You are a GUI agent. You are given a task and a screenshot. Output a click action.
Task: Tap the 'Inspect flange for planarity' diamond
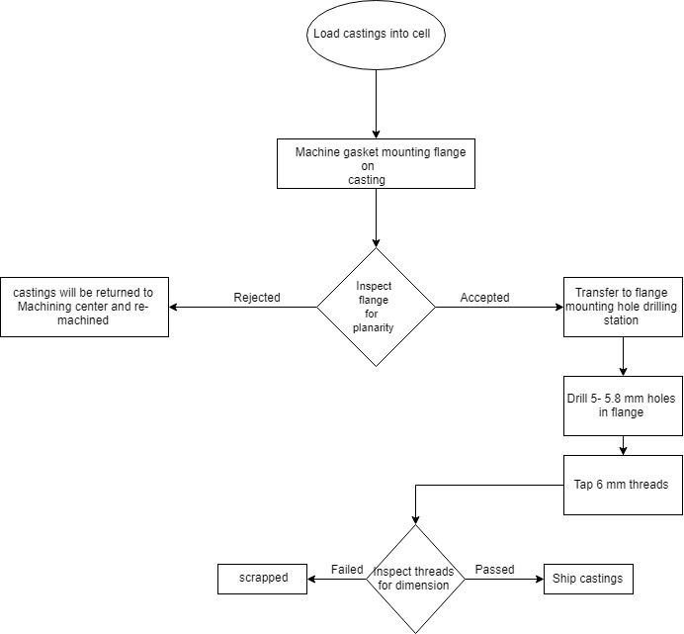[x=376, y=307]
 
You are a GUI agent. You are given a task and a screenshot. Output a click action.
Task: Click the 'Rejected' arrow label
[x=257, y=297]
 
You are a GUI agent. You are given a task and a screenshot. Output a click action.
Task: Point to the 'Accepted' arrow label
[x=484, y=297]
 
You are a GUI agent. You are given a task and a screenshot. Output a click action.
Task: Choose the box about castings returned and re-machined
[x=84, y=307]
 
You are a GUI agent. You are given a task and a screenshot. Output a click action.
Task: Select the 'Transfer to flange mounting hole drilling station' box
[x=623, y=307]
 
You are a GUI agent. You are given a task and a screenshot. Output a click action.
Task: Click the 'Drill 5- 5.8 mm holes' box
[x=623, y=406]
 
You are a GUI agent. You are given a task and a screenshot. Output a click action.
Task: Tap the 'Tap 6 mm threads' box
[x=623, y=485]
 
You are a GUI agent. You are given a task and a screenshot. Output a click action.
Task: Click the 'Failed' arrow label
[x=347, y=570]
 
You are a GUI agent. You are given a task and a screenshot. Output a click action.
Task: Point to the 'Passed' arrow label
[x=493, y=570]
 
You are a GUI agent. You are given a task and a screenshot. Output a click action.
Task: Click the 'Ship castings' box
[x=588, y=579]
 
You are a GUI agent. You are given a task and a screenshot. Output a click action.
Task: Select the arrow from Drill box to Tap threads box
[x=623, y=445]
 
